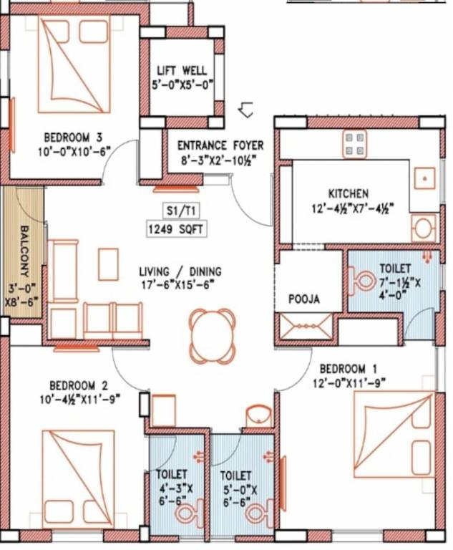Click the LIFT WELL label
pos(182,70)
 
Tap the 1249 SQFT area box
pos(175,229)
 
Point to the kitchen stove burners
pos(354,143)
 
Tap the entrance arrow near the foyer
pos(246,110)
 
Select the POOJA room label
pos(304,299)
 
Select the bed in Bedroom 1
pos(394,434)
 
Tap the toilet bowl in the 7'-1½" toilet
pos(362,278)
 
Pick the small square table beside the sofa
pos(108,264)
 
